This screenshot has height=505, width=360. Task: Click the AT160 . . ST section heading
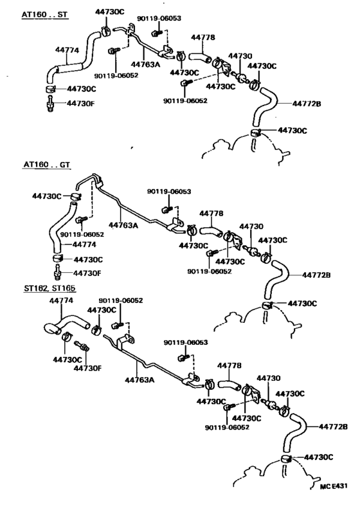click(45, 15)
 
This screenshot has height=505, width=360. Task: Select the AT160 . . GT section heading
click(47, 165)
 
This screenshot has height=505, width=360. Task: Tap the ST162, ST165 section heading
click(50, 288)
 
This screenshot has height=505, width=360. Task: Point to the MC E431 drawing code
click(334, 486)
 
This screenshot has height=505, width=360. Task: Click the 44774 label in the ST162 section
click(61, 300)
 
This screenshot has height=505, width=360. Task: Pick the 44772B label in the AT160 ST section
click(307, 104)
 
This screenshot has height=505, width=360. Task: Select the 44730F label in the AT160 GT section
click(87, 273)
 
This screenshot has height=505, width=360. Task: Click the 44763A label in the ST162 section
click(139, 380)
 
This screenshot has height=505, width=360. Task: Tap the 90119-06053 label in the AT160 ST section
click(159, 19)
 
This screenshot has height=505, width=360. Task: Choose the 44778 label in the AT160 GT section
click(212, 214)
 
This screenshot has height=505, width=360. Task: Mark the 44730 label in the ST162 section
click(268, 378)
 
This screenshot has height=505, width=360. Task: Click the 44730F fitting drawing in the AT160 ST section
click(50, 104)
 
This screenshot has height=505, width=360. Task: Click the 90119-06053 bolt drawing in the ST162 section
click(183, 358)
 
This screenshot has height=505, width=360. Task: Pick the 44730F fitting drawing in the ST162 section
click(82, 345)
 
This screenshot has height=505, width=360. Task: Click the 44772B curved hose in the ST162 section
click(295, 432)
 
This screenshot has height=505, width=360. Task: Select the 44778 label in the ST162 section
click(230, 365)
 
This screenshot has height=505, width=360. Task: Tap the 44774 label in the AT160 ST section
click(67, 50)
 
